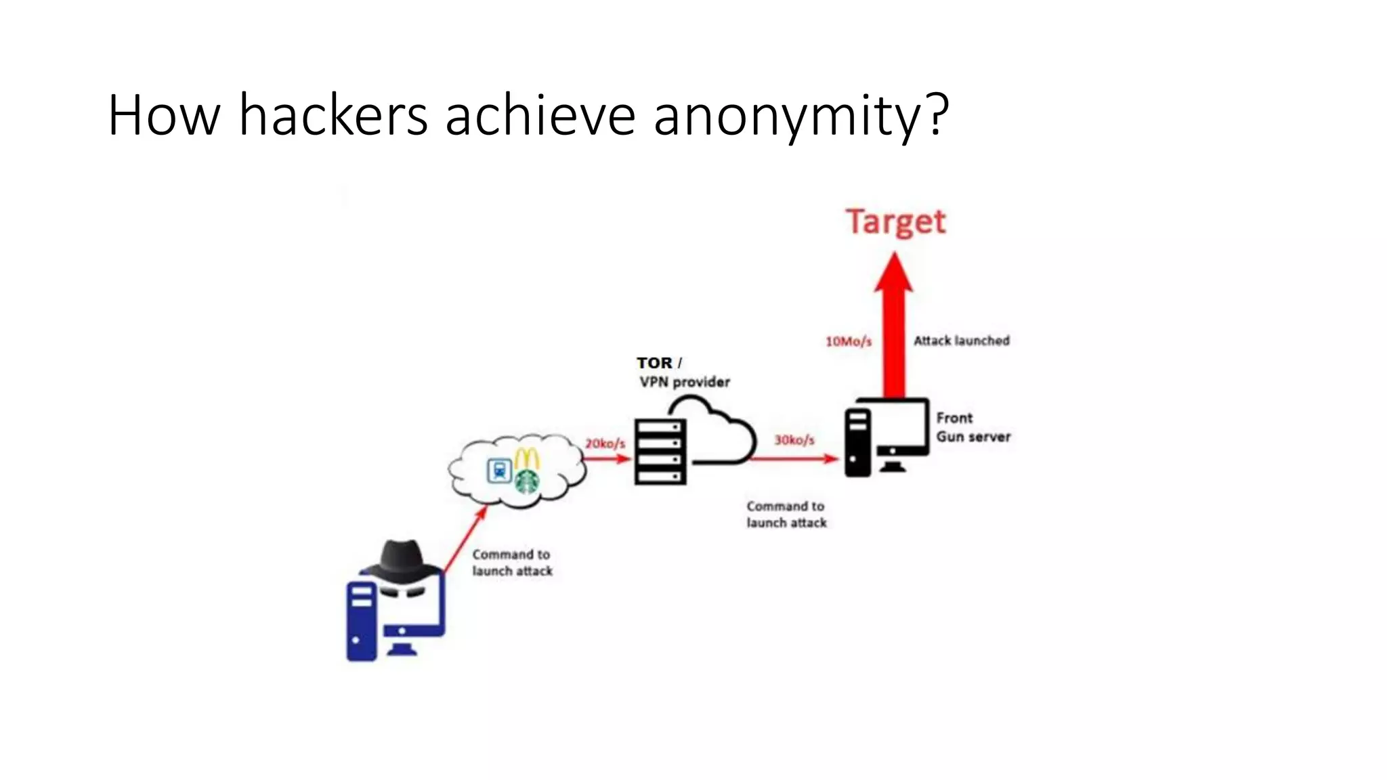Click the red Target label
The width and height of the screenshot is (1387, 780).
click(895, 222)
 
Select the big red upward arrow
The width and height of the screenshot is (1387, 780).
click(894, 325)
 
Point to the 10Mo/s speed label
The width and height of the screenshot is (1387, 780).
click(848, 341)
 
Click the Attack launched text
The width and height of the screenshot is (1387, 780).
click(961, 341)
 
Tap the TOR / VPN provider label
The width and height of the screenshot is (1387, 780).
click(683, 372)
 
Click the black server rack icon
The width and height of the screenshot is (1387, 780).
click(660, 451)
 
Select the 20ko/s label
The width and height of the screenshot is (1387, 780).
click(605, 443)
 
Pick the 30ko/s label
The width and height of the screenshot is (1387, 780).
click(794, 440)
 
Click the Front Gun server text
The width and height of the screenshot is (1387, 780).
click(973, 427)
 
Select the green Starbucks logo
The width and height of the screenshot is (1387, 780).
click(527, 481)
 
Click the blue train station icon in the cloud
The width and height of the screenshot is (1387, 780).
click(500, 470)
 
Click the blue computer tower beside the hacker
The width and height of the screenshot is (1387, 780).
click(361, 622)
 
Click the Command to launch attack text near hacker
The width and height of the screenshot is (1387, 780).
click(511, 563)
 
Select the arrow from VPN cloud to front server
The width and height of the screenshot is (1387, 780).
click(794, 459)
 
